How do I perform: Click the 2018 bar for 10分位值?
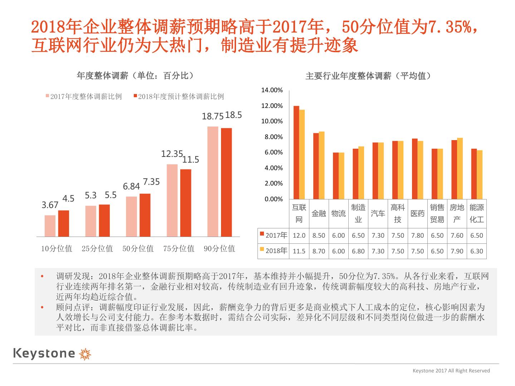tap(64, 223)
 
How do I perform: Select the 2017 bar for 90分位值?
tap(213, 182)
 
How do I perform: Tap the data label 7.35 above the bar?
tap(151, 182)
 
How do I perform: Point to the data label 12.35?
tap(172, 154)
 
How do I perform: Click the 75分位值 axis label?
tap(179, 248)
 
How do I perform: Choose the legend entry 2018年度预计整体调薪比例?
tap(178, 96)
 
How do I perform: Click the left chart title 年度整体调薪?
tap(136, 76)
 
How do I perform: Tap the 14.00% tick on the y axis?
tap(272, 90)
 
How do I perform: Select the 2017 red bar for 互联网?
tap(296, 153)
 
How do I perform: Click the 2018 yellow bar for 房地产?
tap(460, 168)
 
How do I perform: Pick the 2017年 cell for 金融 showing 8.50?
tap(319, 236)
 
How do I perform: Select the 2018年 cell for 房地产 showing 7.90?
tap(457, 251)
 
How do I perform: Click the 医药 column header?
tap(417, 213)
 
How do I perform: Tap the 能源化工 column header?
tap(476, 213)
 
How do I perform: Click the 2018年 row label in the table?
tap(274, 251)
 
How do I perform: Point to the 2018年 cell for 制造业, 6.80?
tap(358, 251)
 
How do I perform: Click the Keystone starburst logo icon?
tap(85, 353)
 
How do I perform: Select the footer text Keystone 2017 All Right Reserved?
tap(451, 371)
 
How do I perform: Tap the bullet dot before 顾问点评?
tap(42, 307)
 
